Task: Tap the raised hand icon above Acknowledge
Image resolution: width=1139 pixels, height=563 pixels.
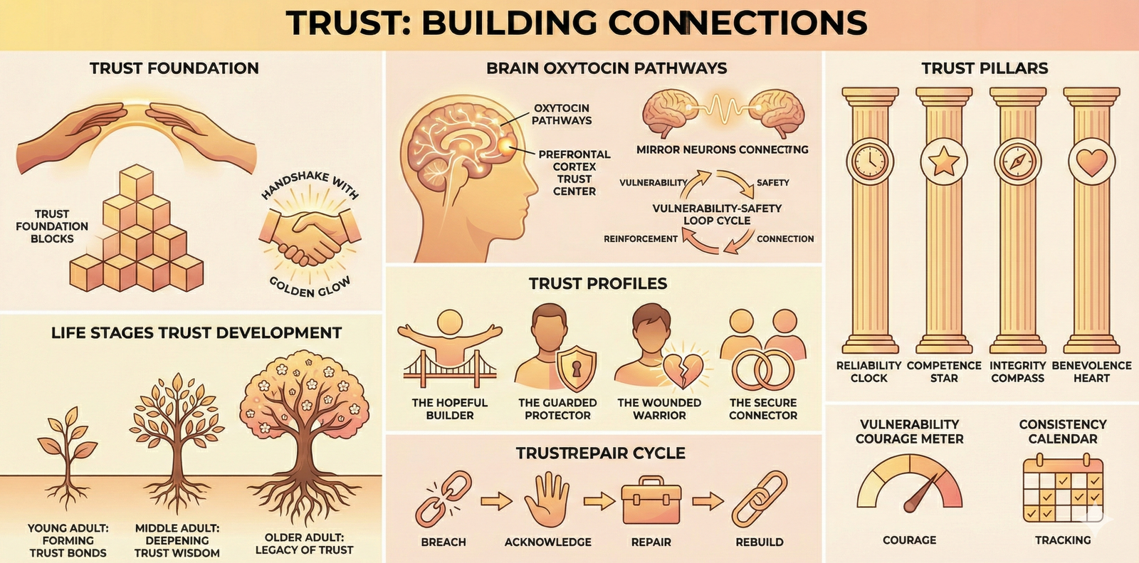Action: [547, 500]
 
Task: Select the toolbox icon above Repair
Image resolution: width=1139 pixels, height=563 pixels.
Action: [651, 503]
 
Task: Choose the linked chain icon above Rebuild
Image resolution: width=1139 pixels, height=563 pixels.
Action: [759, 501]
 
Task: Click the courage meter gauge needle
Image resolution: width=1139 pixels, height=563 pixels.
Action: [918, 495]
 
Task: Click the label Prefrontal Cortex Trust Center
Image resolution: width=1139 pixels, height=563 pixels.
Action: [574, 173]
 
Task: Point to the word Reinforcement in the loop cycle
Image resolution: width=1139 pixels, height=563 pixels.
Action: [641, 239]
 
